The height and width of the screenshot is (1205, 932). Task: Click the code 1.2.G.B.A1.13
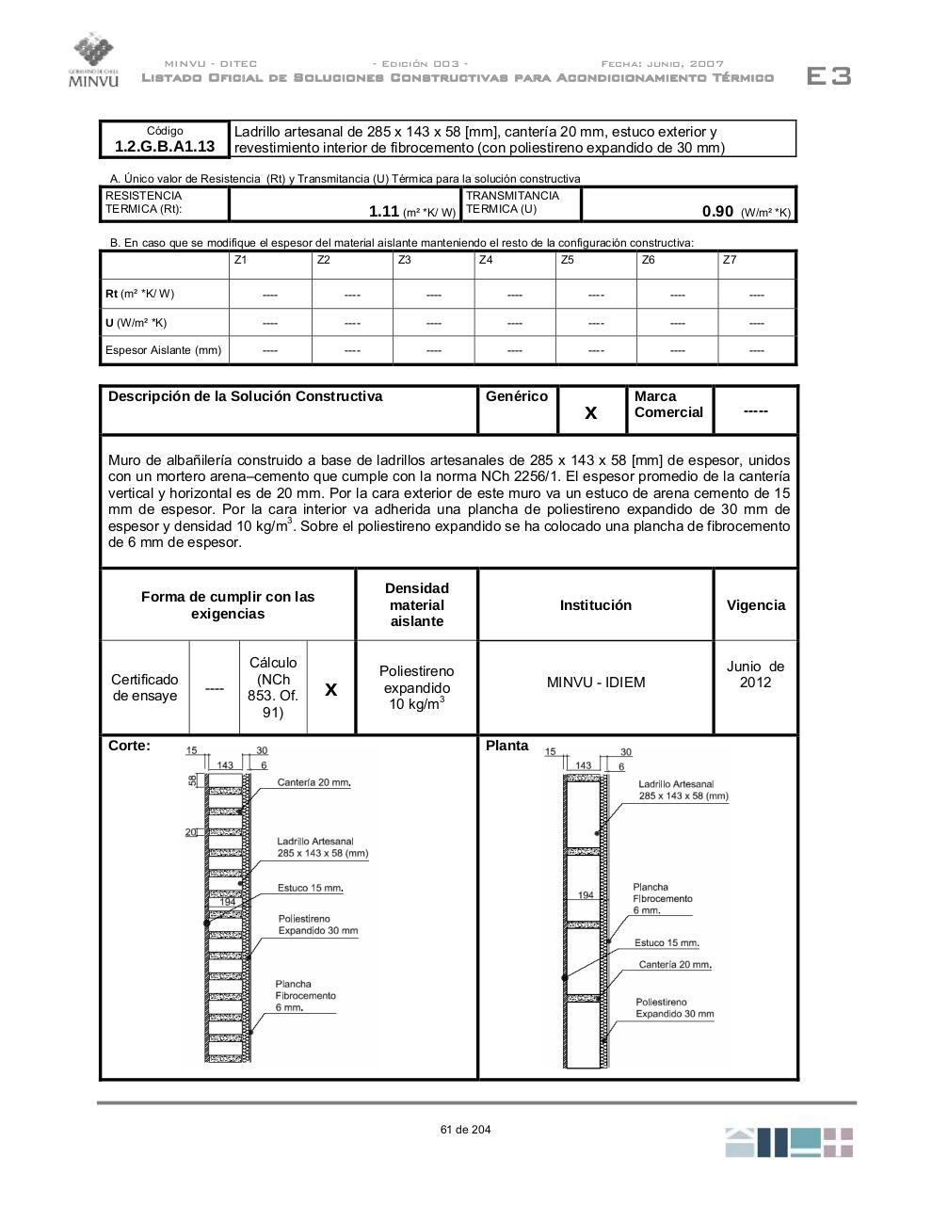pos(165,146)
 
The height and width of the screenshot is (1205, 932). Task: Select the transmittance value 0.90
pos(717,211)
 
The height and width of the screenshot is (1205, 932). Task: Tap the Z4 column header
pos(486,260)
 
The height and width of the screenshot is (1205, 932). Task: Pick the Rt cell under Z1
pos(270,295)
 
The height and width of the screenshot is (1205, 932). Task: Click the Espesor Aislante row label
pos(164,350)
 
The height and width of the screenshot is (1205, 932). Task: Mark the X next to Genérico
pos(591,412)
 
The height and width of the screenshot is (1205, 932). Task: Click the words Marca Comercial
pos(668,405)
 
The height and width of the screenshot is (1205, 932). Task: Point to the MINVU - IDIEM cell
pos(596,683)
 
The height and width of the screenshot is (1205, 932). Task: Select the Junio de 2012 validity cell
pos(755,674)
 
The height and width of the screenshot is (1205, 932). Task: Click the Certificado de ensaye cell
pos(145,688)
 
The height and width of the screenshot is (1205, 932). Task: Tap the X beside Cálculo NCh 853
pos(331,690)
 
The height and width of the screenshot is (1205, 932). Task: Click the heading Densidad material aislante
pos(417,604)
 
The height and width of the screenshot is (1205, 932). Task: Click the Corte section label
pos(129,746)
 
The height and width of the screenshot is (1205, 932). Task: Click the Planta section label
pos(507,746)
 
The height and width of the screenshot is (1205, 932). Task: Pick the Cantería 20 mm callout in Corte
pos(313,782)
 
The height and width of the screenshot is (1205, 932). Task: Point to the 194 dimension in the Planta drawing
pos(586,894)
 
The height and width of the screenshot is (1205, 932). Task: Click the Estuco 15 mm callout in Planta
pos(667,942)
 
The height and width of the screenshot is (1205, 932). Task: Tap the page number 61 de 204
pos(465,1130)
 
